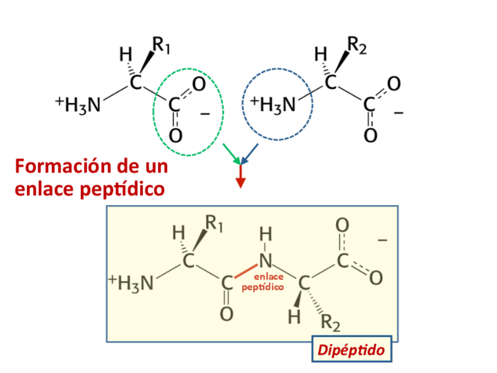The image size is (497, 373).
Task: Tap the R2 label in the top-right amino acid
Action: [x=356, y=45]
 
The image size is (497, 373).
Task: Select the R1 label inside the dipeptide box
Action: [x=213, y=223]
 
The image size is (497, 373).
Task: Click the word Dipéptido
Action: [x=351, y=350]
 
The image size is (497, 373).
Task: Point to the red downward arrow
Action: [x=240, y=178]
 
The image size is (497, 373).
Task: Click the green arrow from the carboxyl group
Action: [x=230, y=154]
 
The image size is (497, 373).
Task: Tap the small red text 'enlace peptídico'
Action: [x=263, y=283]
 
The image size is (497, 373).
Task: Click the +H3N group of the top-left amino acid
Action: [x=78, y=104]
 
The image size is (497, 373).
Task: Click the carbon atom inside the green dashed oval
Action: [x=174, y=106]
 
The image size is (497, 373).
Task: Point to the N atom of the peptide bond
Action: [x=265, y=260]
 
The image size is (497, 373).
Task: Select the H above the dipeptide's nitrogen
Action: [x=265, y=235]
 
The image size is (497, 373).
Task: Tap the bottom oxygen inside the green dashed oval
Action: [x=175, y=136]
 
